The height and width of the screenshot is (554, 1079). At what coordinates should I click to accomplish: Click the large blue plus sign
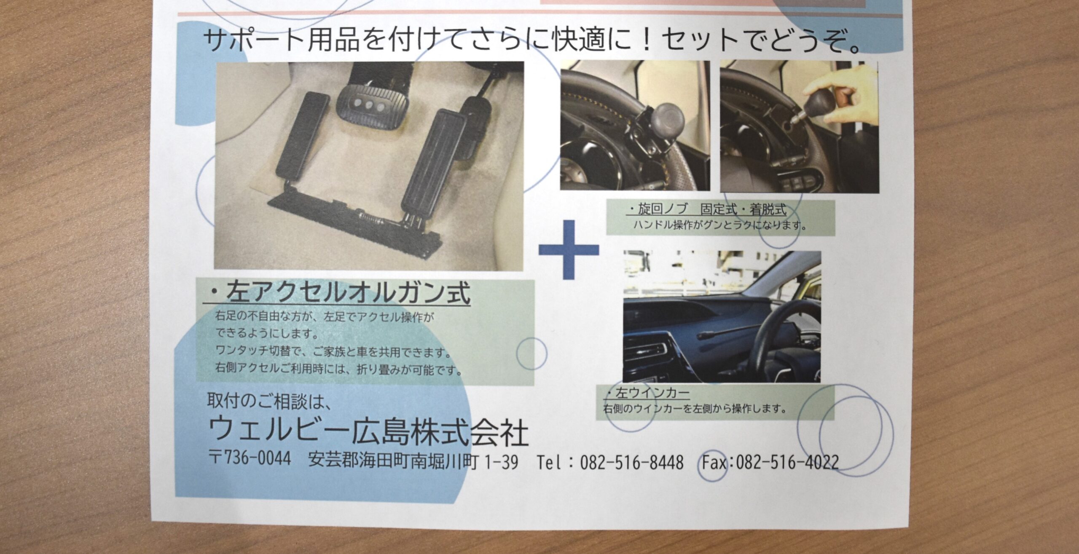(x=569, y=249)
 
